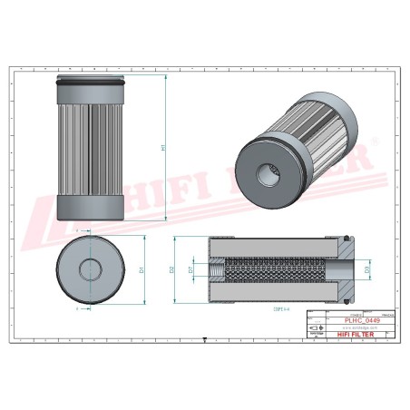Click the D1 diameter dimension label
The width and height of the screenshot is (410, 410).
142,269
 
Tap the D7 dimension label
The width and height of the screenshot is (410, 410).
191,269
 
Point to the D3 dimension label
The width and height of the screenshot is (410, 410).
366,269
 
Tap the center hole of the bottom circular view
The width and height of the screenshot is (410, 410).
91,269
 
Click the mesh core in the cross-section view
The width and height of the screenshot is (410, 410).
272,269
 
